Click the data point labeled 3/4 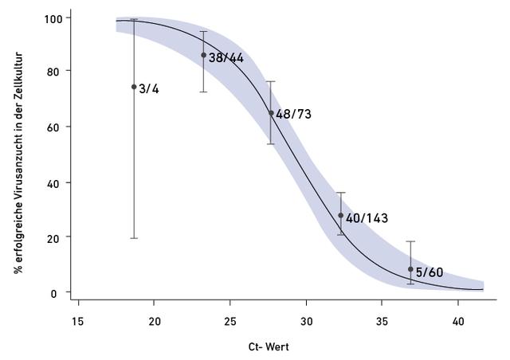pyautogui.click(x=134, y=87)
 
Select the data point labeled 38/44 pyautogui.click(x=203, y=55)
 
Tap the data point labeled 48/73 pyautogui.click(x=271, y=113)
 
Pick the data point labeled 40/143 pyautogui.click(x=340, y=215)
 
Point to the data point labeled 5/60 pyautogui.click(x=410, y=269)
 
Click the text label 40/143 pyautogui.click(x=367, y=217)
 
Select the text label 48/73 pyautogui.click(x=293, y=115)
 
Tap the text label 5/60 pyautogui.click(x=430, y=272)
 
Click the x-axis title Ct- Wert pyautogui.click(x=269, y=347)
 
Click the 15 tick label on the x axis pyautogui.click(x=77, y=323)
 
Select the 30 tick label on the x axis pyautogui.click(x=307, y=323)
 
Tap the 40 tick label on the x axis pyautogui.click(x=457, y=323)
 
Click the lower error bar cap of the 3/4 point pyautogui.click(x=134, y=238)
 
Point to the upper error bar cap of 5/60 pyautogui.click(x=410, y=241)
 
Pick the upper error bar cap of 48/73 pyautogui.click(x=271, y=81)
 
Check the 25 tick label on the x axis pyautogui.click(x=230, y=323)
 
